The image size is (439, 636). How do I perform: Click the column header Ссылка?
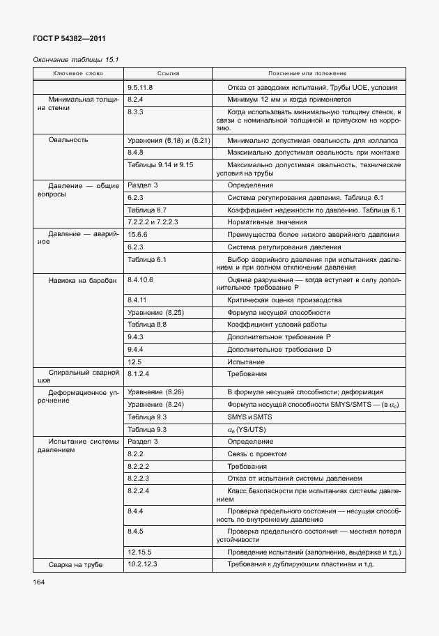[x=168, y=73]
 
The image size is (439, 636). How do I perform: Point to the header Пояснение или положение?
[x=307, y=73]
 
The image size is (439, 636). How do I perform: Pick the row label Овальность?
[x=68, y=140]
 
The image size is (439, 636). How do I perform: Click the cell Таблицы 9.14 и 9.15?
[x=160, y=164]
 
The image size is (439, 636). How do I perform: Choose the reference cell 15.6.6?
[x=137, y=235]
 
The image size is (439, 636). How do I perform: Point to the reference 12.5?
[x=134, y=362]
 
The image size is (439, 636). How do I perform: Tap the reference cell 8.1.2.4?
[x=139, y=373]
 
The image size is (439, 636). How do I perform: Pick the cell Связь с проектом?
[x=256, y=453]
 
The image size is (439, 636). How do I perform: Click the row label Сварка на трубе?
[x=75, y=564]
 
